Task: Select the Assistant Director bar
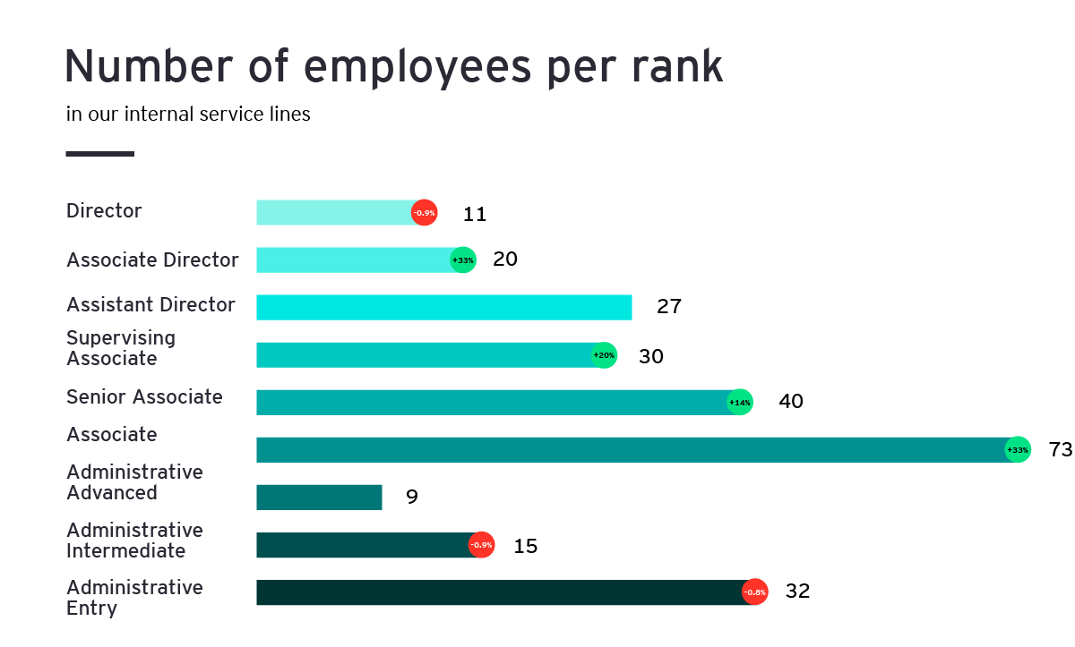tap(443, 307)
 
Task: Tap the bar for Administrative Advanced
tap(319, 497)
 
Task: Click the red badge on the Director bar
tap(424, 213)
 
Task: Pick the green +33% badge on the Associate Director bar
tap(462, 260)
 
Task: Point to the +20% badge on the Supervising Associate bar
tap(604, 355)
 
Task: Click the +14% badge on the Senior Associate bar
tap(739, 403)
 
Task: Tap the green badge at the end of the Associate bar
tap(1018, 449)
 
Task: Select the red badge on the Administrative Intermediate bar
tap(481, 545)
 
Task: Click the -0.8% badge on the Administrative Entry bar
tap(754, 592)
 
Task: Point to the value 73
tap(1060, 450)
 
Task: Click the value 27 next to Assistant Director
tap(669, 307)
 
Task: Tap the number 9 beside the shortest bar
tap(412, 497)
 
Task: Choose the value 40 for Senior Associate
tap(791, 402)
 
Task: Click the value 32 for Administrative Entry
tap(797, 592)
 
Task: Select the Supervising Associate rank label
tap(121, 348)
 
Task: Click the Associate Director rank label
tap(152, 260)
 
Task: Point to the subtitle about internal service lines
tap(188, 115)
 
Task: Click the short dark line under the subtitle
tap(99, 154)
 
